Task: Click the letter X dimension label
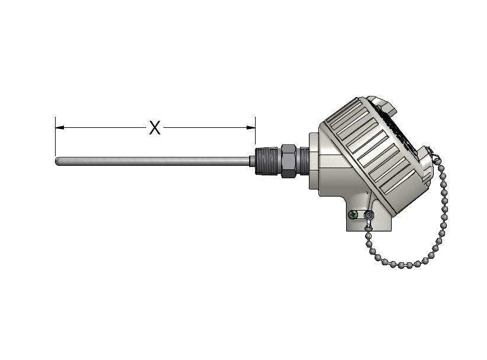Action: [x=154, y=128]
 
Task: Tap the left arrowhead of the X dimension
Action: [x=60, y=127]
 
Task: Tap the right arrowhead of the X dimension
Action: [x=251, y=127]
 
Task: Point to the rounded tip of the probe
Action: [x=57, y=161]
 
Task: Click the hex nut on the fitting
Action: [x=289, y=161]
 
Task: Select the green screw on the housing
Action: [x=353, y=214]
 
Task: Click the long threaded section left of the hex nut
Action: [x=268, y=161]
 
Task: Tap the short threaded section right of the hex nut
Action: [x=302, y=161]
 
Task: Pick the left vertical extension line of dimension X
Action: [x=55, y=136]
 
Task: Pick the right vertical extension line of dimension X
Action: [x=255, y=131]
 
